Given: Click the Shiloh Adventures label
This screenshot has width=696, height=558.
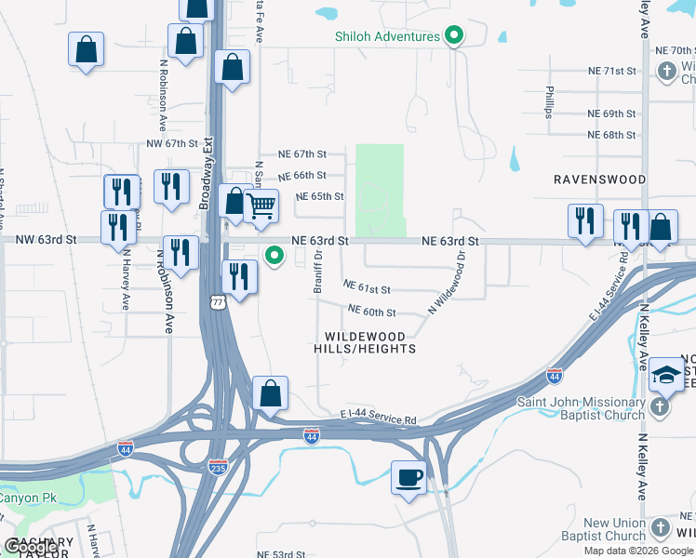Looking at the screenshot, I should click(x=387, y=36).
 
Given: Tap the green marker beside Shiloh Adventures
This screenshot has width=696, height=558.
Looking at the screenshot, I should click(x=454, y=37).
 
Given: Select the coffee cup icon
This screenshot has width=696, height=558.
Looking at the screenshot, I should click(x=408, y=478).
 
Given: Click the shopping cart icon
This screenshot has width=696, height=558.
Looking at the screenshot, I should click(x=261, y=206).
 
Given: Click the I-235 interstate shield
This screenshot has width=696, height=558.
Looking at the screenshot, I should click(x=218, y=468).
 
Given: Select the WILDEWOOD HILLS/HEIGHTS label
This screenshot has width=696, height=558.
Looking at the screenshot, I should click(x=370, y=342).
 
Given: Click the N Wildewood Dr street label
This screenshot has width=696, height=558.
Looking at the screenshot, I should click(x=447, y=280).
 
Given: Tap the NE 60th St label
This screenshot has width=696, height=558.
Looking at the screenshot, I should click(x=372, y=312).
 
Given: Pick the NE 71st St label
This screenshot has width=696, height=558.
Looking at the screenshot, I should click(x=611, y=71).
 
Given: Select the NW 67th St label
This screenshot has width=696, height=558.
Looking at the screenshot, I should click(x=173, y=144).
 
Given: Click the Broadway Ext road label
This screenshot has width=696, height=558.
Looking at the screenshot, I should click(x=207, y=172).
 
